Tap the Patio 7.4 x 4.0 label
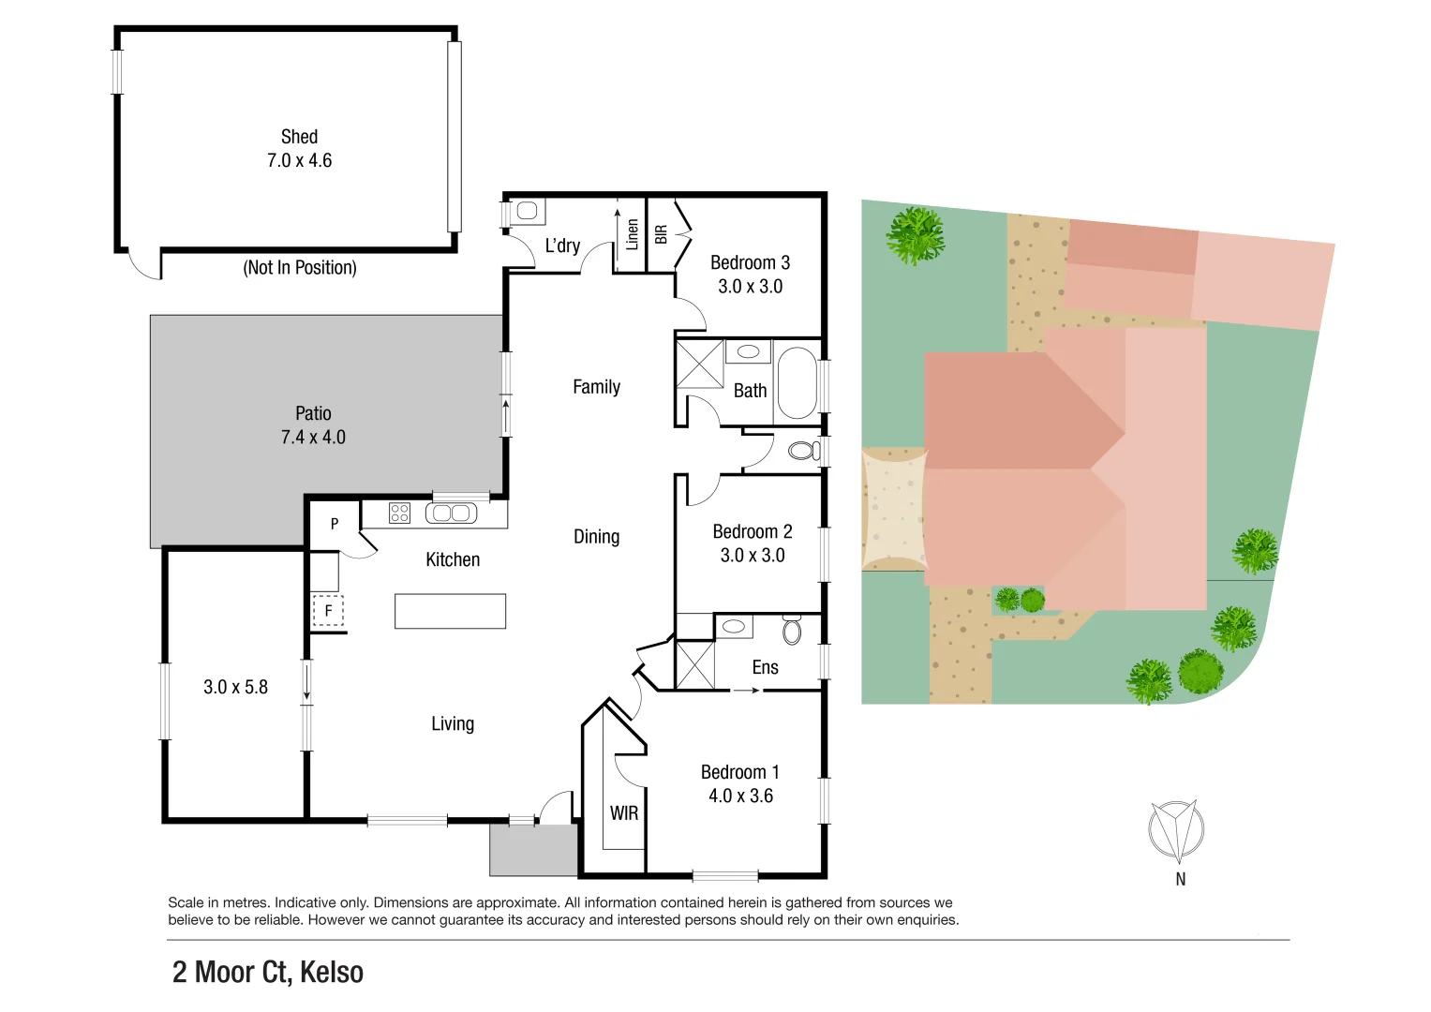click(313, 425)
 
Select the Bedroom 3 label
click(750, 263)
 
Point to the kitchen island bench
click(450, 611)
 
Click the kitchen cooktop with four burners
click(399, 513)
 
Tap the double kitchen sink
click(451, 513)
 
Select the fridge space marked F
click(328, 611)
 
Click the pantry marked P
click(335, 524)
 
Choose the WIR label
click(624, 813)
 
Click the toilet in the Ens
click(792, 630)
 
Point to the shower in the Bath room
click(700, 364)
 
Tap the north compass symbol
click(1176, 831)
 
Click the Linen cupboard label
click(632, 234)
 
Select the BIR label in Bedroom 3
click(661, 234)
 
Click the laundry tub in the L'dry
click(528, 212)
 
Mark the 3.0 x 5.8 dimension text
click(235, 687)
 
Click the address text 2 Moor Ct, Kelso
click(268, 973)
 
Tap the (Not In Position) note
click(300, 268)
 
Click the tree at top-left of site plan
click(916, 235)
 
